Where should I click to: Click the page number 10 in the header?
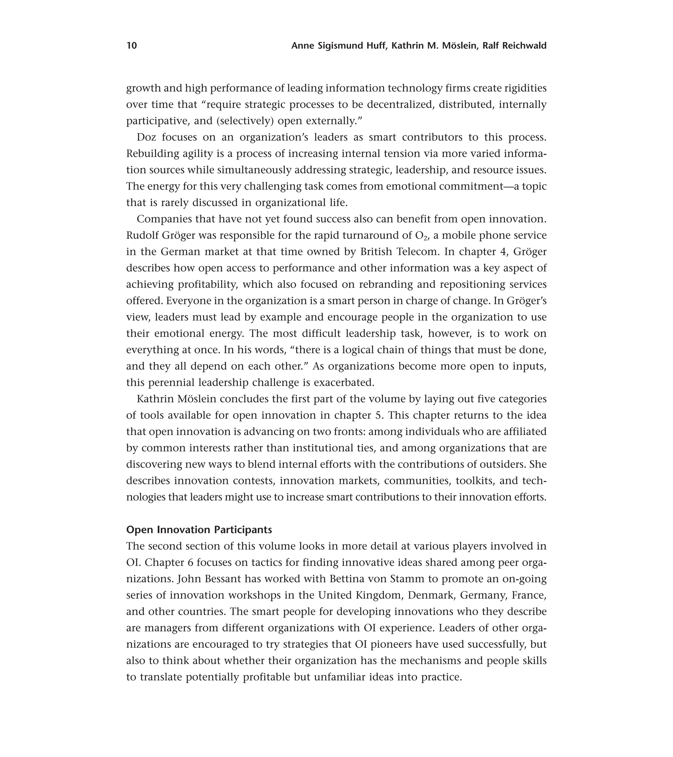pos(131,46)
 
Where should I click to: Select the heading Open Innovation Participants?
pos(199,530)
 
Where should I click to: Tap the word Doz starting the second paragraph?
pos(146,137)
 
